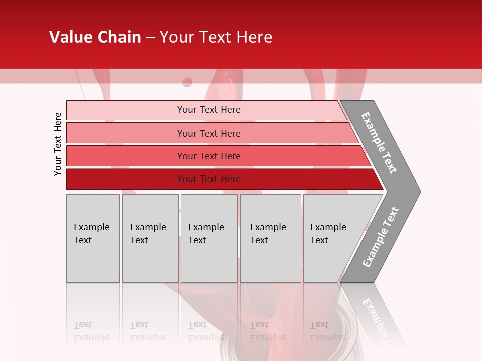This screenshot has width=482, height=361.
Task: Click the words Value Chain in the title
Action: coord(95,37)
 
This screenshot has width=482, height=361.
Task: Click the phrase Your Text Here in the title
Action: coord(216,37)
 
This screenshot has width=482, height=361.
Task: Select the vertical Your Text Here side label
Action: coord(58,144)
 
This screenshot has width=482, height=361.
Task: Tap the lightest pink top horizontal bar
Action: coord(126,110)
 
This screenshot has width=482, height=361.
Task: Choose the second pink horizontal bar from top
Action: coord(126,133)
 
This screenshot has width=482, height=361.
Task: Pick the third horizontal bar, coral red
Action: coord(126,156)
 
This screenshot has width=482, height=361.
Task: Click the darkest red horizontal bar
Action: coord(126,179)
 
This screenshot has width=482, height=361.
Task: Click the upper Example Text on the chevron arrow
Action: coord(379,143)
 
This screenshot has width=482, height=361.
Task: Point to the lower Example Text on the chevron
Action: coord(380,237)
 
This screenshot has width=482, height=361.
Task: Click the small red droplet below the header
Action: coord(187,82)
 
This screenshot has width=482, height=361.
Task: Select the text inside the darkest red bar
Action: coord(209,179)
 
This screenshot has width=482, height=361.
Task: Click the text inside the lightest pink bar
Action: coord(209,110)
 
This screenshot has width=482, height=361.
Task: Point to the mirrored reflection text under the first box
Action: coord(91,331)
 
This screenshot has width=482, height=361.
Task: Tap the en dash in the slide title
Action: coord(150,38)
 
